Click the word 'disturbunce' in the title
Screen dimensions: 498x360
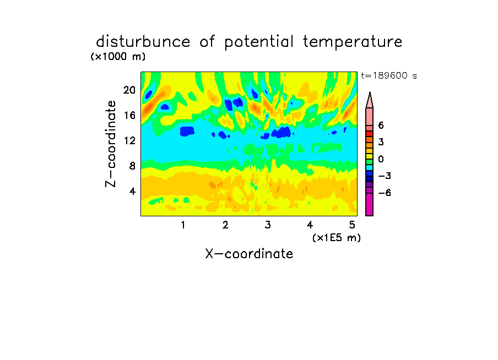[143, 42]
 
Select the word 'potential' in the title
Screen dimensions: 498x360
[259, 42]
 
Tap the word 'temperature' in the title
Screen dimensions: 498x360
[353, 42]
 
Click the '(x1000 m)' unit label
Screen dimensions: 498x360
[118, 57]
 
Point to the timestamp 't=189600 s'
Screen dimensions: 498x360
[389, 75]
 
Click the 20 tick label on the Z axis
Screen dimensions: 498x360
[129, 90]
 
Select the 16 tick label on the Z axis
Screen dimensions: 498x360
[129, 115]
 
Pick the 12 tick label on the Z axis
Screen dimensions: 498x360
[129, 140]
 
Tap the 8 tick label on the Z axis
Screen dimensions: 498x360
[132, 166]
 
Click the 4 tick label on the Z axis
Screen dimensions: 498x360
[132, 191]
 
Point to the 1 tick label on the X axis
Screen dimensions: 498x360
[183, 225]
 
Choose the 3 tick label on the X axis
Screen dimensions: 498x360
[268, 225]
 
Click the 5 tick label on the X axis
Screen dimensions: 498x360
[352, 225]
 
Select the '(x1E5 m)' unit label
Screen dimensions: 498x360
[337, 238]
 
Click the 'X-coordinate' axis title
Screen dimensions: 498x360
[249, 254]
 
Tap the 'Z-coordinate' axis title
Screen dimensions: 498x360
[111, 144]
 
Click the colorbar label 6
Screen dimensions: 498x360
[381, 126]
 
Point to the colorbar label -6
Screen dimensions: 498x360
[385, 193]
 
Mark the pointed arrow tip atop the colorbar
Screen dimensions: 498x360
[370, 92]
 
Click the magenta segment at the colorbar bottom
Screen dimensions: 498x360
[370, 204]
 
